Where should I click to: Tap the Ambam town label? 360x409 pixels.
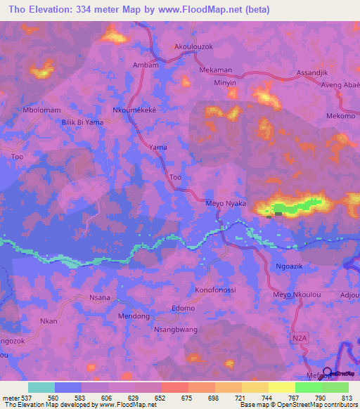click(x=144, y=65)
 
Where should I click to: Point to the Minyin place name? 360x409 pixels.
click(x=226, y=82)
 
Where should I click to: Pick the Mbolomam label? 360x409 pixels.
click(x=42, y=110)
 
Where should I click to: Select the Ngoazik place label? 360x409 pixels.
click(x=287, y=266)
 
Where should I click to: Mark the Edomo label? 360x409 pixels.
click(x=183, y=309)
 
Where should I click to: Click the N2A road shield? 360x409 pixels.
click(x=299, y=338)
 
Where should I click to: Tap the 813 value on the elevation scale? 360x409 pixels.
click(x=348, y=397)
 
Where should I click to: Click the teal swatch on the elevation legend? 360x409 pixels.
click(x=41, y=387)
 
